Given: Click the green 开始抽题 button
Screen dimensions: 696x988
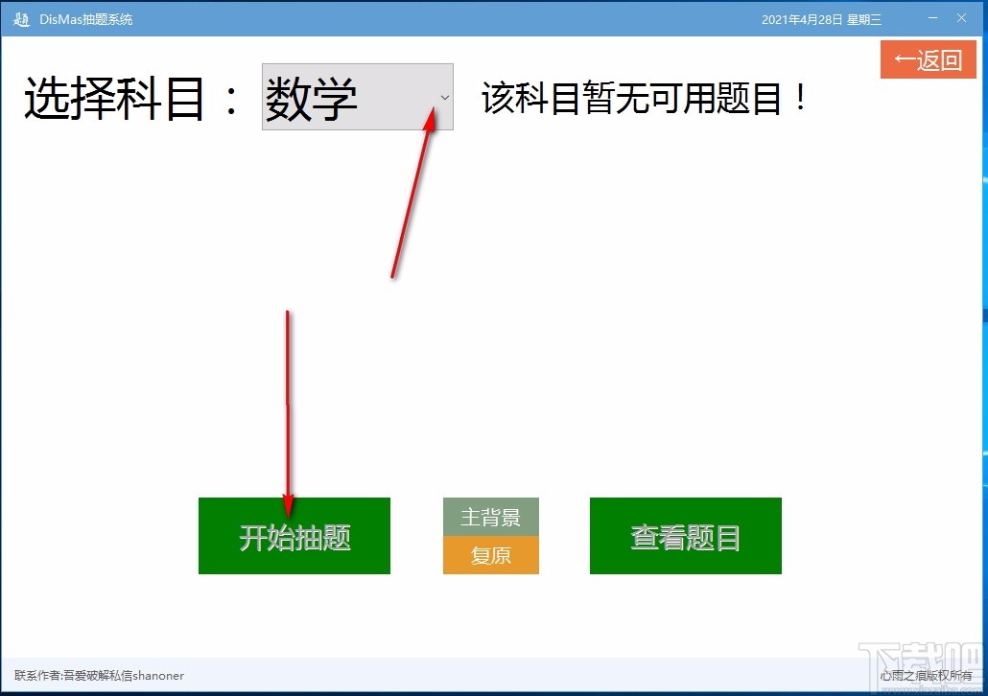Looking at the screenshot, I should click(x=294, y=536).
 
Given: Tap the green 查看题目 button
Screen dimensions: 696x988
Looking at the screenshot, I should click(x=685, y=536).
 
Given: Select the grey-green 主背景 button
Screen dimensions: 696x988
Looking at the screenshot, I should click(x=490, y=518).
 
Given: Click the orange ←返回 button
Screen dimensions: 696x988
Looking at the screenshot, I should click(x=928, y=60).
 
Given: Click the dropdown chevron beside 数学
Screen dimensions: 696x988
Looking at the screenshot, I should click(x=444, y=97).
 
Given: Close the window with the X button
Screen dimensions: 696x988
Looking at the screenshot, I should click(x=961, y=18).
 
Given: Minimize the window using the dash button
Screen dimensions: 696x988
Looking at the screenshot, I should click(x=932, y=18).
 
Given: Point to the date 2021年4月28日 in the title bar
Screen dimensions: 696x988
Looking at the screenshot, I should click(x=801, y=19).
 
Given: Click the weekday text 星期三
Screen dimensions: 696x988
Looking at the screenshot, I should click(x=864, y=19).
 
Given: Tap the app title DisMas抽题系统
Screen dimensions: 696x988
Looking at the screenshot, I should click(x=86, y=19).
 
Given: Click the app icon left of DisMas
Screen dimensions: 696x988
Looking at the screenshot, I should click(x=21, y=19).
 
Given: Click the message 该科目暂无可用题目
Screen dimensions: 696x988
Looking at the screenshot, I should click(x=633, y=98).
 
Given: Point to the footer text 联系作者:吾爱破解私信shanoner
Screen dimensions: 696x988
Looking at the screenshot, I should click(x=99, y=675).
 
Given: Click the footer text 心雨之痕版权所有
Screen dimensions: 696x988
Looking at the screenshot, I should click(x=926, y=675).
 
